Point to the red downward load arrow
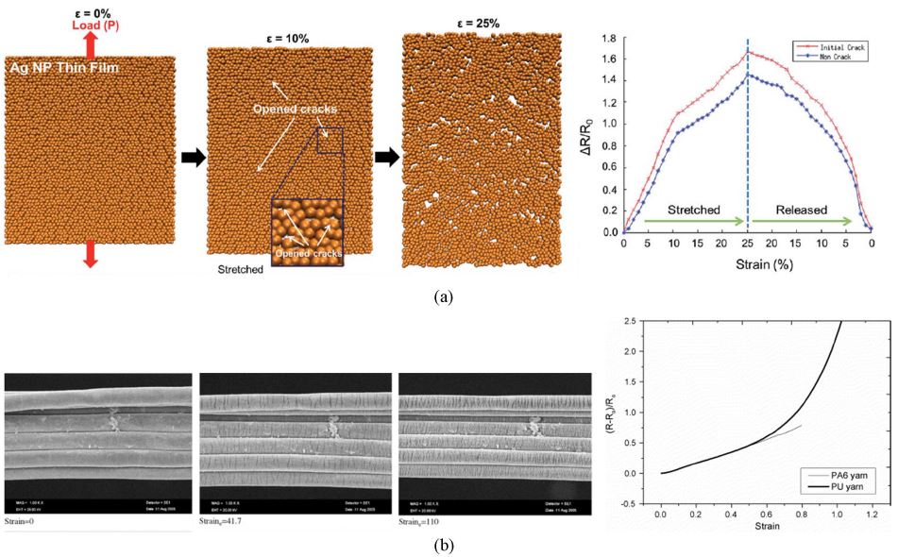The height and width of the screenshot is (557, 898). pos(92,252)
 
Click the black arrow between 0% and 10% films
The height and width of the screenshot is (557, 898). pos(191,157)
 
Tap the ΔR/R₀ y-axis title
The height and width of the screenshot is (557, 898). pos(585,133)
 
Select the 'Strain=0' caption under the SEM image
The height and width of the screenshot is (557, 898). pos(23,520)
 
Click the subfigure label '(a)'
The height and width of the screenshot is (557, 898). pos(443,296)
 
